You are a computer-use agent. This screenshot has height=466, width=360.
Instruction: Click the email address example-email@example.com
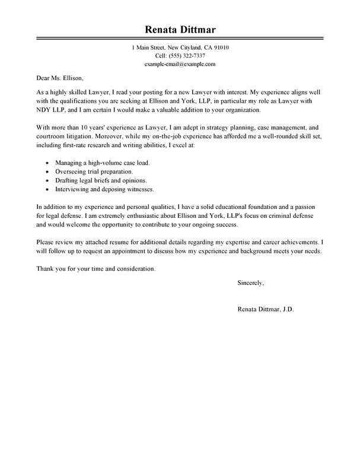[180, 64]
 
